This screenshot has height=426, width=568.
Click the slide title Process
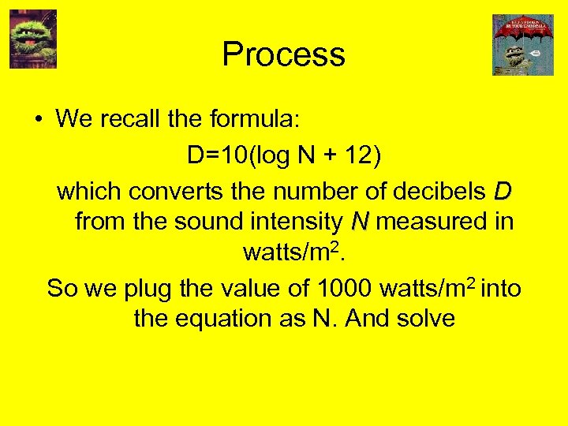(283, 54)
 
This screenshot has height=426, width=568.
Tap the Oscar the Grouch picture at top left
(33, 39)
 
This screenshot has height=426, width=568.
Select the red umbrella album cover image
(523, 45)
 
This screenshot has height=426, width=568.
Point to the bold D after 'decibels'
(502, 192)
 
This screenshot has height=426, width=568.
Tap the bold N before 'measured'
(359, 222)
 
